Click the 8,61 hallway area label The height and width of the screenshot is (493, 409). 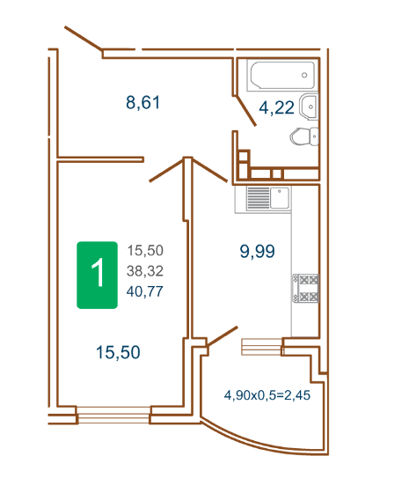click(x=142, y=103)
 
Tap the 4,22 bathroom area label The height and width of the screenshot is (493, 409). click(x=276, y=107)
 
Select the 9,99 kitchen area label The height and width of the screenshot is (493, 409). click(x=257, y=251)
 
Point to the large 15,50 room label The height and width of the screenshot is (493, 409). click(x=118, y=352)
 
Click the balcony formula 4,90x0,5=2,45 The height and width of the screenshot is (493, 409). click(x=267, y=395)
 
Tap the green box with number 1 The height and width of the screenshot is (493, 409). click(x=98, y=275)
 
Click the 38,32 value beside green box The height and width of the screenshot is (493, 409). click(x=145, y=271)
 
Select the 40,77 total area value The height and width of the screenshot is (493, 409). click(x=145, y=291)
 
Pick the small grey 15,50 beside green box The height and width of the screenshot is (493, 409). click(x=145, y=251)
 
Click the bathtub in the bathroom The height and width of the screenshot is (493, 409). click(x=282, y=76)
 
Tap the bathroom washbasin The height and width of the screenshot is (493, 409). click(x=310, y=107)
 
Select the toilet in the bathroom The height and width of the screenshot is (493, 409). click(x=304, y=136)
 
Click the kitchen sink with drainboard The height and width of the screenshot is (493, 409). click(x=268, y=198)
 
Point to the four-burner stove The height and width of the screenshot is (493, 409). click(x=306, y=289)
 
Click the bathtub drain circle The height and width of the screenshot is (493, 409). click(x=304, y=75)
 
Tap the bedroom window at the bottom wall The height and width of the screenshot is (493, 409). click(x=113, y=415)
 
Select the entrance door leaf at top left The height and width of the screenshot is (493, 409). click(x=84, y=39)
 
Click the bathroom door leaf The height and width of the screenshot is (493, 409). click(x=245, y=111)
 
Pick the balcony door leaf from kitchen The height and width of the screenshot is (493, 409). click(x=223, y=336)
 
